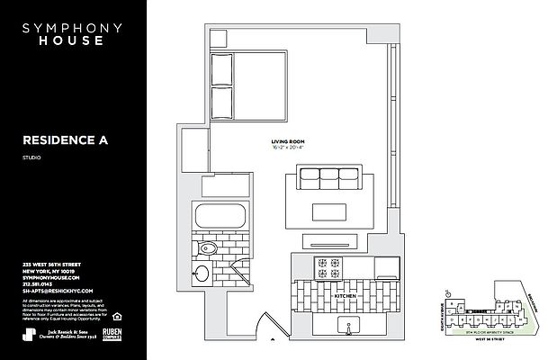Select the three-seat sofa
(327, 181)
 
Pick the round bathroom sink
(202, 274)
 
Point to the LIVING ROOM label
(288, 142)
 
